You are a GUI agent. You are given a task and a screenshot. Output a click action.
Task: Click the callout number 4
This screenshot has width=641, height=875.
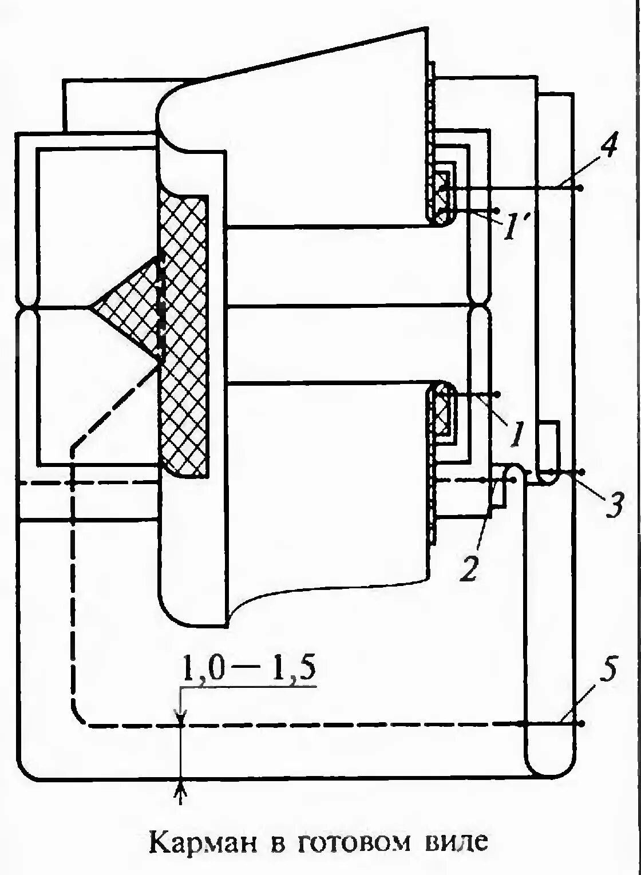pyautogui.click(x=608, y=148)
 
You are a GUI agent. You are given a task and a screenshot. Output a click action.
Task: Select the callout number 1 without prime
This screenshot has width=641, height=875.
pyautogui.click(x=516, y=434)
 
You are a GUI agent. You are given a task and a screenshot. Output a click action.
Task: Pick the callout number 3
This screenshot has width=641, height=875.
pyautogui.click(x=613, y=506)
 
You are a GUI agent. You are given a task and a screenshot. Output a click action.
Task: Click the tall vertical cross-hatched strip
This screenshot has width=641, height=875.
pyautogui.click(x=183, y=332)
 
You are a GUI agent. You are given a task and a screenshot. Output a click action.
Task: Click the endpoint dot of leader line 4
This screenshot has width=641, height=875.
pyautogui.click(x=580, y=188)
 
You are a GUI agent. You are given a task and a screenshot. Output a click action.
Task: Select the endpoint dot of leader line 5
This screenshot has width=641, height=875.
pyautogui.click(x=580, y=724)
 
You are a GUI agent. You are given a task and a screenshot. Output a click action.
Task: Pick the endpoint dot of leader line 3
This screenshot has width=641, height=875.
pyautogui.click(x=581, y=472)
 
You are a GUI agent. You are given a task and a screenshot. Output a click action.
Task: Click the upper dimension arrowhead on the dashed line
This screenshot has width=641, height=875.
pyautogui.click(x=181, y=718)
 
